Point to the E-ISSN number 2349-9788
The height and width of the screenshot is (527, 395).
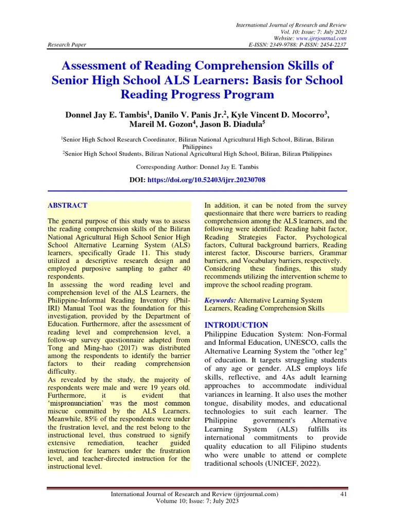click(285, 45)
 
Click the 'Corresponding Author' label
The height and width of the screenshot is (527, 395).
click(164, 167)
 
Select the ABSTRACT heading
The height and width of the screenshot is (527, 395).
click(67, 205)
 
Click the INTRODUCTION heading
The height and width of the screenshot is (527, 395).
click(236, 325)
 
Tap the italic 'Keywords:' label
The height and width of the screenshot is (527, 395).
click(220, 300)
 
